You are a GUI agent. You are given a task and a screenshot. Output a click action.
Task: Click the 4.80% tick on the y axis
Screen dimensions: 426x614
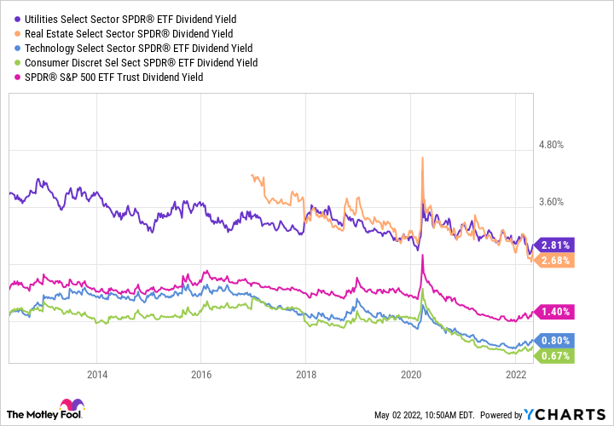click(x=552, y=145)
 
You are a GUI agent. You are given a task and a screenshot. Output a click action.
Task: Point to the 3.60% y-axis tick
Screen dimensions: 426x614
click(x=552, y=202)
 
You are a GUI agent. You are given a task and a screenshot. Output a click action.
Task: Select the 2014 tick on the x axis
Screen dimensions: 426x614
click(x=97, y=374)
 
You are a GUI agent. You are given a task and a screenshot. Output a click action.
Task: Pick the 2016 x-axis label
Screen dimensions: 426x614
click(x=201, y=374)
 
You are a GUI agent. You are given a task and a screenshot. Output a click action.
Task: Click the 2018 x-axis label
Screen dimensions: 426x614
click(x=306, y=374)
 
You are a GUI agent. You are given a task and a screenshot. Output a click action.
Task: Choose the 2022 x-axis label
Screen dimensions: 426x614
click(x=515, y=374)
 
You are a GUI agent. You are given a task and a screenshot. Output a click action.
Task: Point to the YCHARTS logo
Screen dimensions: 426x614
click(x=564, y=414)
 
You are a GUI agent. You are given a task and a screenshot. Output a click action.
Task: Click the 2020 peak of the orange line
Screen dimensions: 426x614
click(x=423, y=158)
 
